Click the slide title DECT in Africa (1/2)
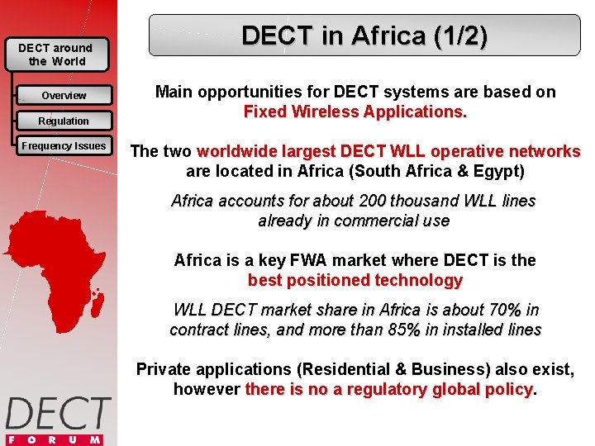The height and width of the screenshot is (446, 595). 364,36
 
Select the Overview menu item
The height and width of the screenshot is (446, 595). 64,96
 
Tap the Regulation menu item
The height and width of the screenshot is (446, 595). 64,121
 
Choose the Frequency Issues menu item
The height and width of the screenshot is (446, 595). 64,146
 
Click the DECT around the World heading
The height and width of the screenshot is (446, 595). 55,55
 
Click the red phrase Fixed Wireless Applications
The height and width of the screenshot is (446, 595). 355,111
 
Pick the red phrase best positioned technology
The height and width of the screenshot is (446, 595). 355,280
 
